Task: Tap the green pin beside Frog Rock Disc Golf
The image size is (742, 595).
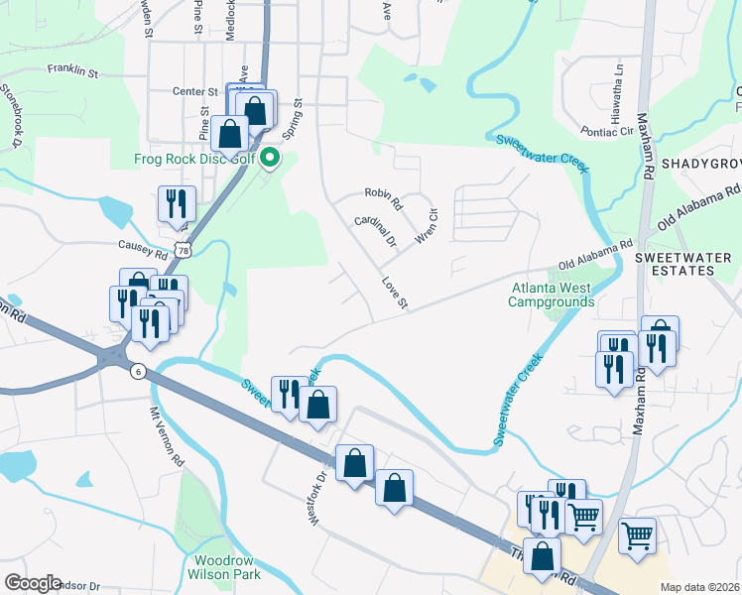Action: click(268, 159)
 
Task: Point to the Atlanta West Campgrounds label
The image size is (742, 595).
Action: click(551, 296)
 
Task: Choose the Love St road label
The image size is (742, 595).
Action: click(394, 292)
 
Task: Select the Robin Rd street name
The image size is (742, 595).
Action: click(382, 199)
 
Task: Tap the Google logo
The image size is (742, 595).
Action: click(32, 583)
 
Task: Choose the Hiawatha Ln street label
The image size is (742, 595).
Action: click(618, 86)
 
